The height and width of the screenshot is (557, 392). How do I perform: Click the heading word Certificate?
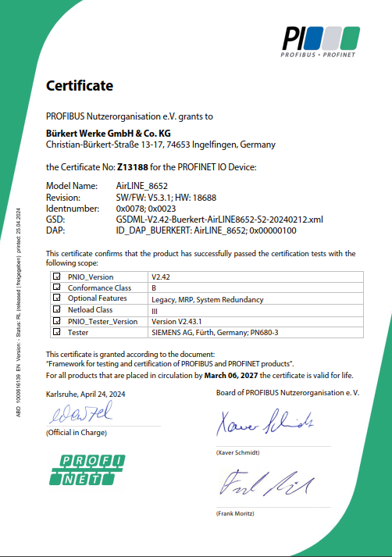coord(80,86)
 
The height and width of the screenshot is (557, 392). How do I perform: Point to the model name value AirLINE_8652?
coord(141,187)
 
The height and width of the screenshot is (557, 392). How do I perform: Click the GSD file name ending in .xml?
coord(219,220)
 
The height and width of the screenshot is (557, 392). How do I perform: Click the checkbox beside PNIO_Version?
coord(56,277)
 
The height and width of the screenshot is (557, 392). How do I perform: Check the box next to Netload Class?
coord(56,310)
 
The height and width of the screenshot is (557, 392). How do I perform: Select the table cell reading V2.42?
coord(162,277)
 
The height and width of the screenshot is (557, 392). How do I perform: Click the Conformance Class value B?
coord(154,288)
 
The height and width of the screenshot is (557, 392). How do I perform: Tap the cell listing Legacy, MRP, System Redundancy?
coord(207,299)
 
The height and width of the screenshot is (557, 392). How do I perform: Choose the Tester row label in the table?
coord(79,332)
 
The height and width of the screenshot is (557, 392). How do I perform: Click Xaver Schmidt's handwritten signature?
coord(264,423)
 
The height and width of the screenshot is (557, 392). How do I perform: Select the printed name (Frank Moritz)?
coord(236,513)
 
